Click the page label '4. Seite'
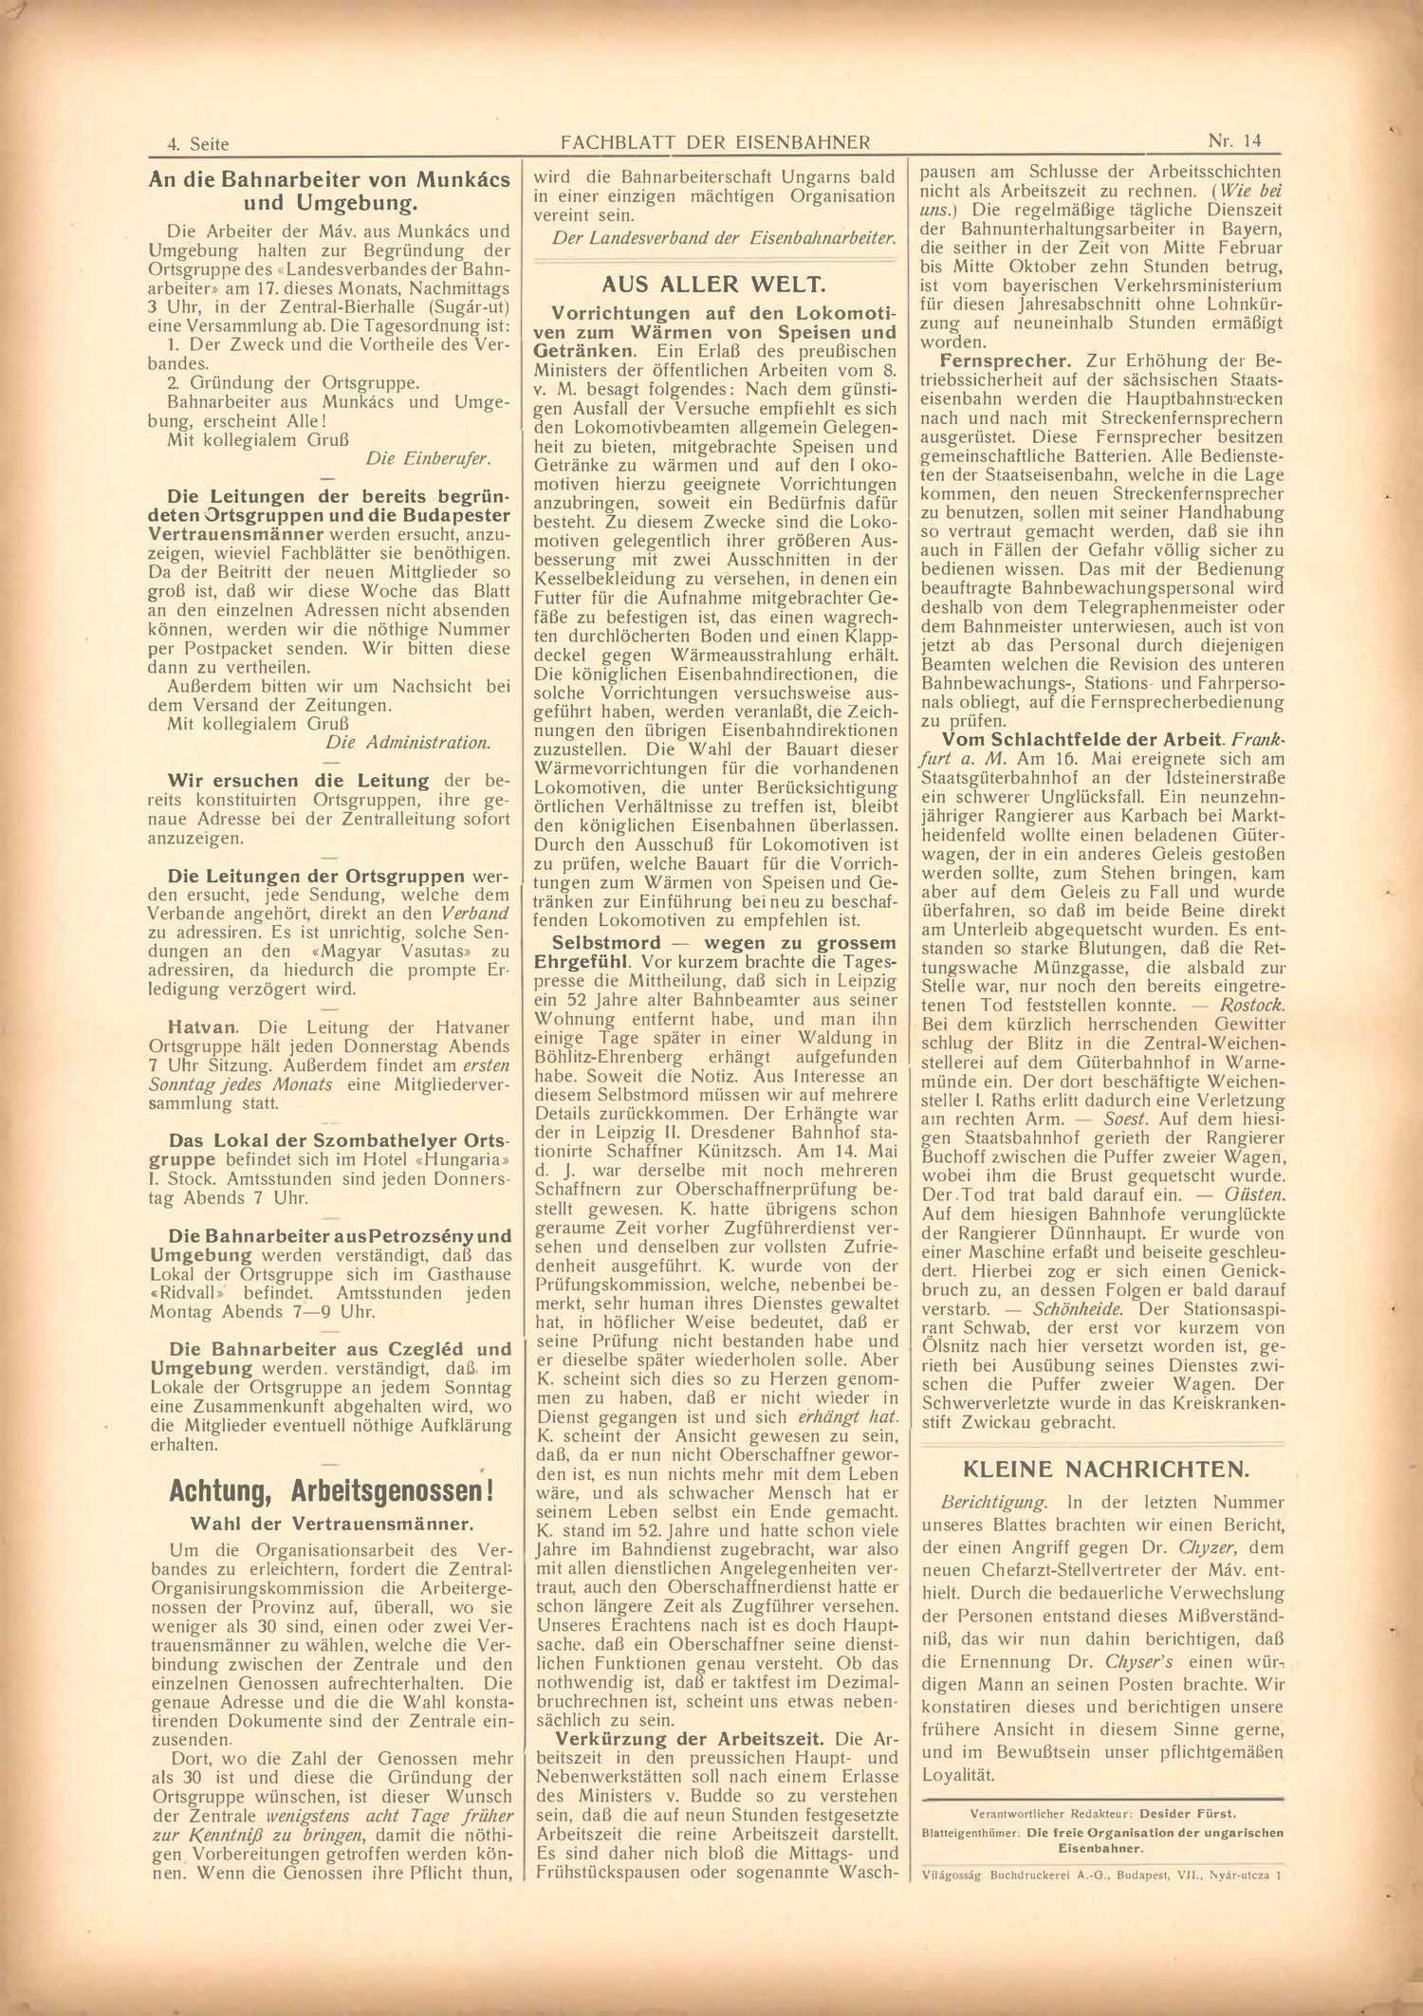coord(197,144)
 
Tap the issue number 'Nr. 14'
coord(1234,141)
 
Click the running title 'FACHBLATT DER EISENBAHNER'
coord(715,143)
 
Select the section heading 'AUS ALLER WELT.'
coord(714,285)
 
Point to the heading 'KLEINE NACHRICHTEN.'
coord(1105,1470)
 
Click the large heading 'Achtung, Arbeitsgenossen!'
coord(331,1490)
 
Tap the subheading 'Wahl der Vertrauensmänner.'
coord(331,1524)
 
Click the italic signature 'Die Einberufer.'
coord(428,459)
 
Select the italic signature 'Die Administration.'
coord(408,743)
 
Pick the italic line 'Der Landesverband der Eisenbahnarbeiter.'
coord(724,238)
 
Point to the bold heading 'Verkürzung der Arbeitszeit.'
coord(690,1739)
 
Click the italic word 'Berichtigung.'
coord(993,1503)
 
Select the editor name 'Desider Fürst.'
coord(1188,1814)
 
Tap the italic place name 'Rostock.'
coord(1251,1006)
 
